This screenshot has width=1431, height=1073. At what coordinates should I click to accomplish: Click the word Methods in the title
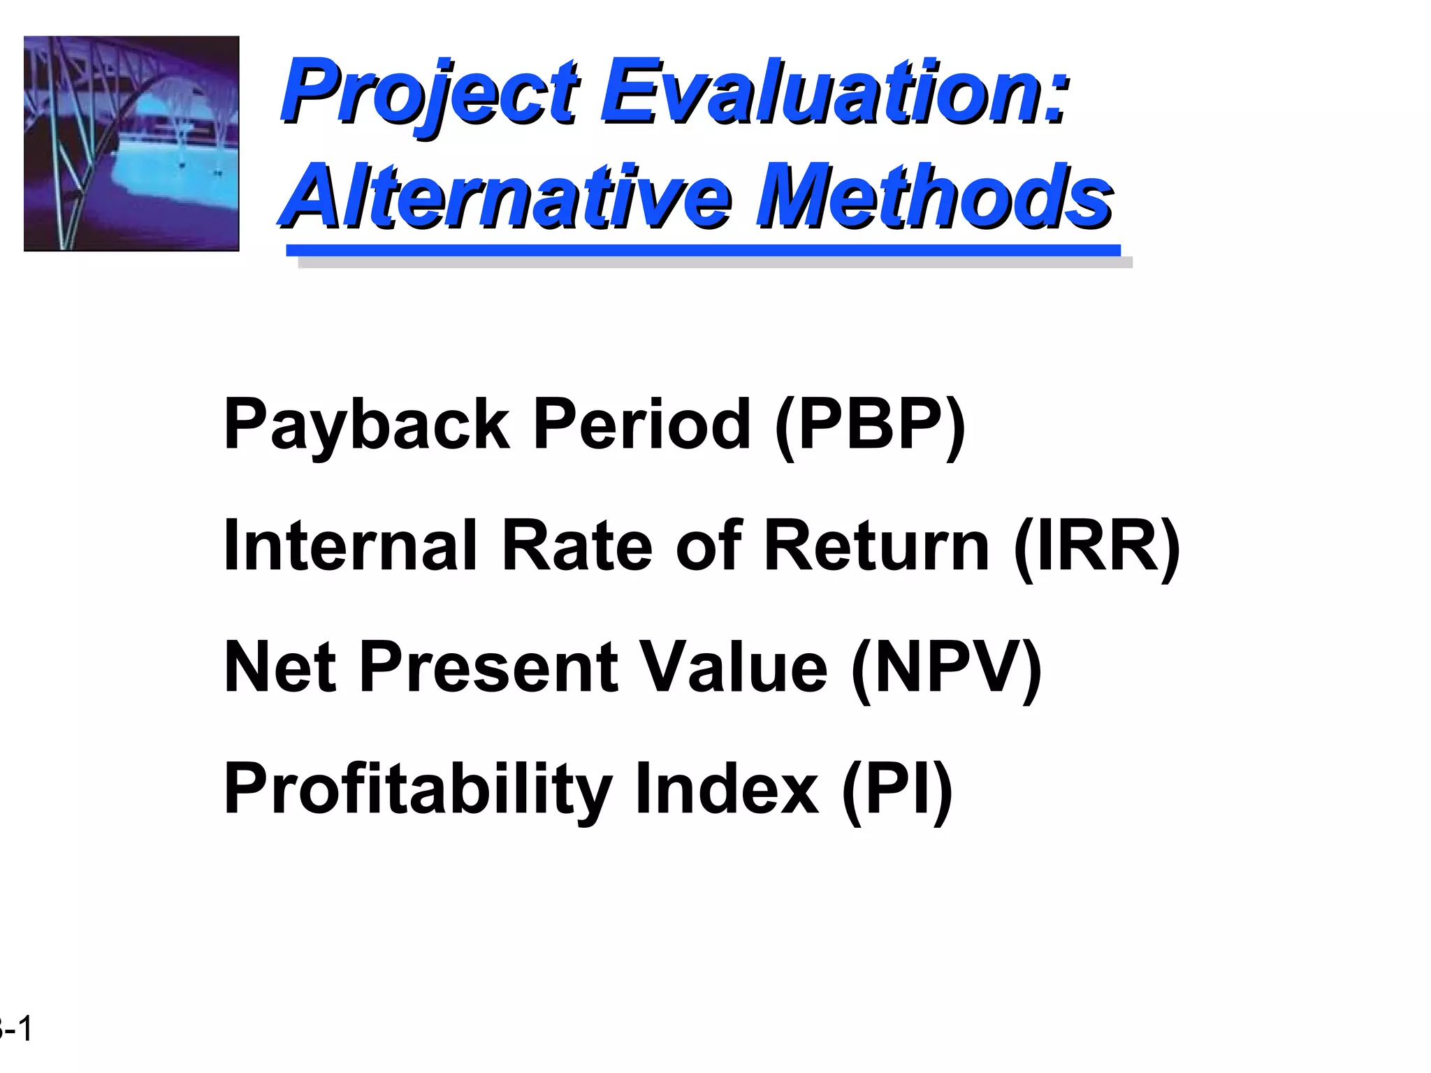coord(936,196)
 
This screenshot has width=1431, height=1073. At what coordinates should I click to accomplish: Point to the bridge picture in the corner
coord(131,143)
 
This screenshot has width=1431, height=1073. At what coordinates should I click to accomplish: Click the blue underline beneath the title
coord(703,250)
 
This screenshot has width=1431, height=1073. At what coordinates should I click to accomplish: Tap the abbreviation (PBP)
coord(870,425)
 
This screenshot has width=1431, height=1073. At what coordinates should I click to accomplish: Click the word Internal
coord(349,546)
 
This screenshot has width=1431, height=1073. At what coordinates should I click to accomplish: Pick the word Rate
coord(577,546)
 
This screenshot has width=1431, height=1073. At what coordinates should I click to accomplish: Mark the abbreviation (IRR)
coord(1097,546)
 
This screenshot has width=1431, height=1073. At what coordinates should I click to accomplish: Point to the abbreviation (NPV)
coord(947,667)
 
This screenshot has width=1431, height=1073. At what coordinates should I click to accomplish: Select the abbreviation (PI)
coord(897,789)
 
